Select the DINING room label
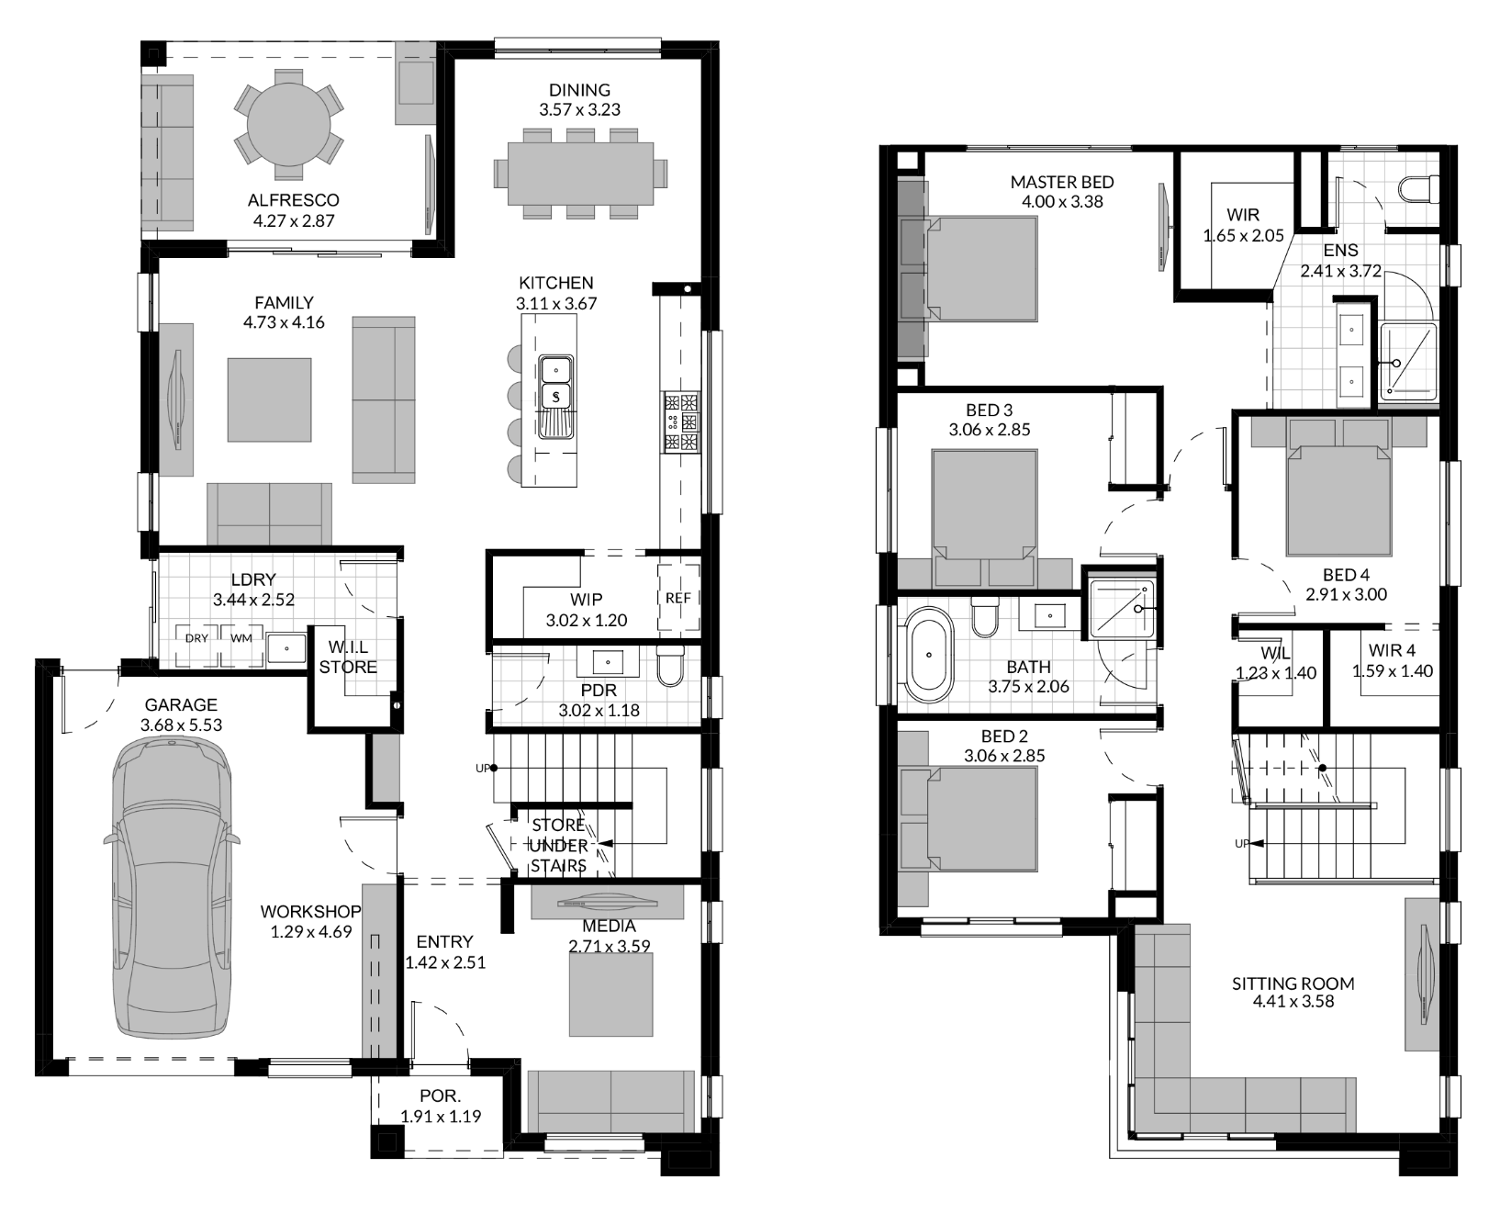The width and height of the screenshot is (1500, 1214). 579,90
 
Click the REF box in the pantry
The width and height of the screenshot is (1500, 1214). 678,598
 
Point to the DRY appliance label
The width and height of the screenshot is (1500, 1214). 196,637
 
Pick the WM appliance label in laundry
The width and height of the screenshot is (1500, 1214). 241,637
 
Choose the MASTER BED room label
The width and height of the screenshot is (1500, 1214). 1062,182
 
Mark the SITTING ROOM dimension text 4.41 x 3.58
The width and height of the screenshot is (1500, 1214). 1293,1002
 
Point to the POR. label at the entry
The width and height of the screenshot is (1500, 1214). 441,1096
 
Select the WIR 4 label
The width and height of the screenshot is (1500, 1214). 1392,651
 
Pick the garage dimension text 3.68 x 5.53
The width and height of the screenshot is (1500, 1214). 181,725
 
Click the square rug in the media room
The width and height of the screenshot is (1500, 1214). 611,995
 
